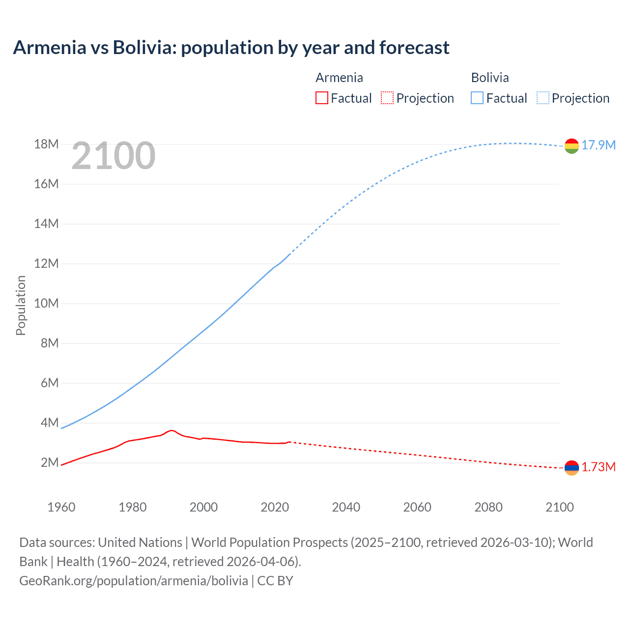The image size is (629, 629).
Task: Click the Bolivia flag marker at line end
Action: tap(572, 146)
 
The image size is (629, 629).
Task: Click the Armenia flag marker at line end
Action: tap(572, 468)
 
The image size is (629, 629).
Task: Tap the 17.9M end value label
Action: tap(599, 145)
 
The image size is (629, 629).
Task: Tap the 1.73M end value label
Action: tap(599, 467)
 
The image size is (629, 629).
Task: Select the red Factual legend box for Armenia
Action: tap(321, 98)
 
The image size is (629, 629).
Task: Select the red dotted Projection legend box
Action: tap(387, 98)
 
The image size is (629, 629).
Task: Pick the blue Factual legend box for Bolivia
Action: tap(477, 98)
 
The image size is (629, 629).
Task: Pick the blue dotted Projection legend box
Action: tap(543, 98)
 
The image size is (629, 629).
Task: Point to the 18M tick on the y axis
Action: tap(46, 144)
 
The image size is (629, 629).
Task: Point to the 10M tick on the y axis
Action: tap(46, 303)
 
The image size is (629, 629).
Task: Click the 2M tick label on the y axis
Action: tap(49, 462)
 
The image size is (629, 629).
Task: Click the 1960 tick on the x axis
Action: tap(61, 507)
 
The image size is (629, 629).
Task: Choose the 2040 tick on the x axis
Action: tap(346, 507)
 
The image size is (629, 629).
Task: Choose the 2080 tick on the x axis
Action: tap(488, 507)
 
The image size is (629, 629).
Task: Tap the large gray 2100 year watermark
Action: tap(114, 156)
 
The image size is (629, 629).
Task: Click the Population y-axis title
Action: tap(21, 305)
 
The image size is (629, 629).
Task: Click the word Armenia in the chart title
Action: tap(50, 48)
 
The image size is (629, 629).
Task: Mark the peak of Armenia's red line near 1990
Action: tap(171, 430)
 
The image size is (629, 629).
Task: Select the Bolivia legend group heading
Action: tap(490, 78)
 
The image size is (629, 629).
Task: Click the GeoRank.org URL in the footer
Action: tap(134, 581)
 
